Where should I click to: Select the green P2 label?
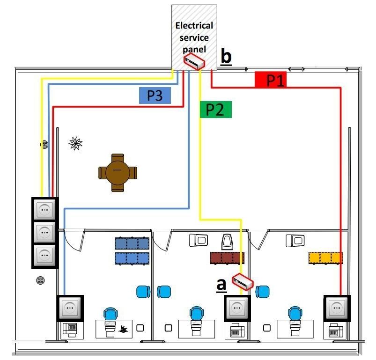coord(215,110)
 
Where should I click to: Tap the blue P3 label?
coord(155,96)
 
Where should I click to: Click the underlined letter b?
coord(226,57)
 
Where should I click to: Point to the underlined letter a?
coord(221,284)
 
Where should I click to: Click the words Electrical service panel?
coord(193,37)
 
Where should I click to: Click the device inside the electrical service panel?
coord(194,61)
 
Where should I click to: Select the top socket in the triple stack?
coord(44,209)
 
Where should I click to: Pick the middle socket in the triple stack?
coord(44,232)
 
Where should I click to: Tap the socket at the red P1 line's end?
coord(337,308)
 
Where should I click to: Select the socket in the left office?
coord(70,307)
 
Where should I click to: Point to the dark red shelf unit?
coord(228,257)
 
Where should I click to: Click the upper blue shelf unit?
coord(132,243)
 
